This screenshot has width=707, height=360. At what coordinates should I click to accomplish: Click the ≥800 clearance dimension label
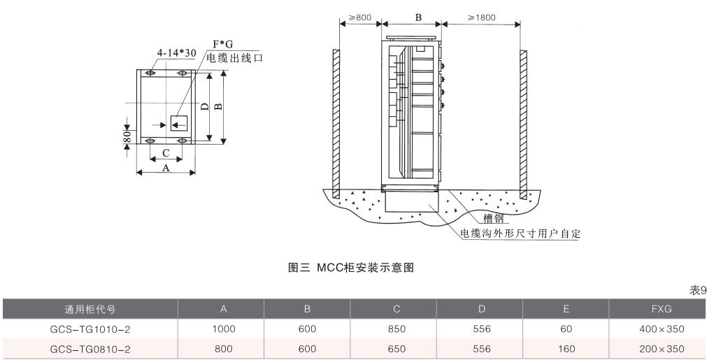pyautogui.click(x=360, y=17)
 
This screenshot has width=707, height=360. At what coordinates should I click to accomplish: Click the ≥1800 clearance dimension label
pyautogui.click(x=482, y=17)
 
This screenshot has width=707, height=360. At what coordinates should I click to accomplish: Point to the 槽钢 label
pyautogui.click(x=493, y=219)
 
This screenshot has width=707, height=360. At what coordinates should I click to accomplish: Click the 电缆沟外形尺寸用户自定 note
pyautogui.click(x=520, y=233)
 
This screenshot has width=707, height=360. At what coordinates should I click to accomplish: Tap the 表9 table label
pyautogui.click(x=698, y=290)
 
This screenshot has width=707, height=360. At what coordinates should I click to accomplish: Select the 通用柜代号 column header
pyautogui.click(x=89, y=309)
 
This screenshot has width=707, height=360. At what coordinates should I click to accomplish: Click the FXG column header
pyautogui.click(x=657, y=309)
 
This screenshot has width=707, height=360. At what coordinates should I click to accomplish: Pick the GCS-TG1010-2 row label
pyautogui.click(x=89, y=329)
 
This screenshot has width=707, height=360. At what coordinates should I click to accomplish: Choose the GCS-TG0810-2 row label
pyautogui.click(x=89, y=348)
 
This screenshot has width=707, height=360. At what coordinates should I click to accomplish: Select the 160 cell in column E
pyautogui.click(x=566, y=348)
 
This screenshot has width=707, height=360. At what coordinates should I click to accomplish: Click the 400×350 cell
pyautogui.click(x=657, y=329)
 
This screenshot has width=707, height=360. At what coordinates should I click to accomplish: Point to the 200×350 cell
pyautogui.click(x=657, y=348)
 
